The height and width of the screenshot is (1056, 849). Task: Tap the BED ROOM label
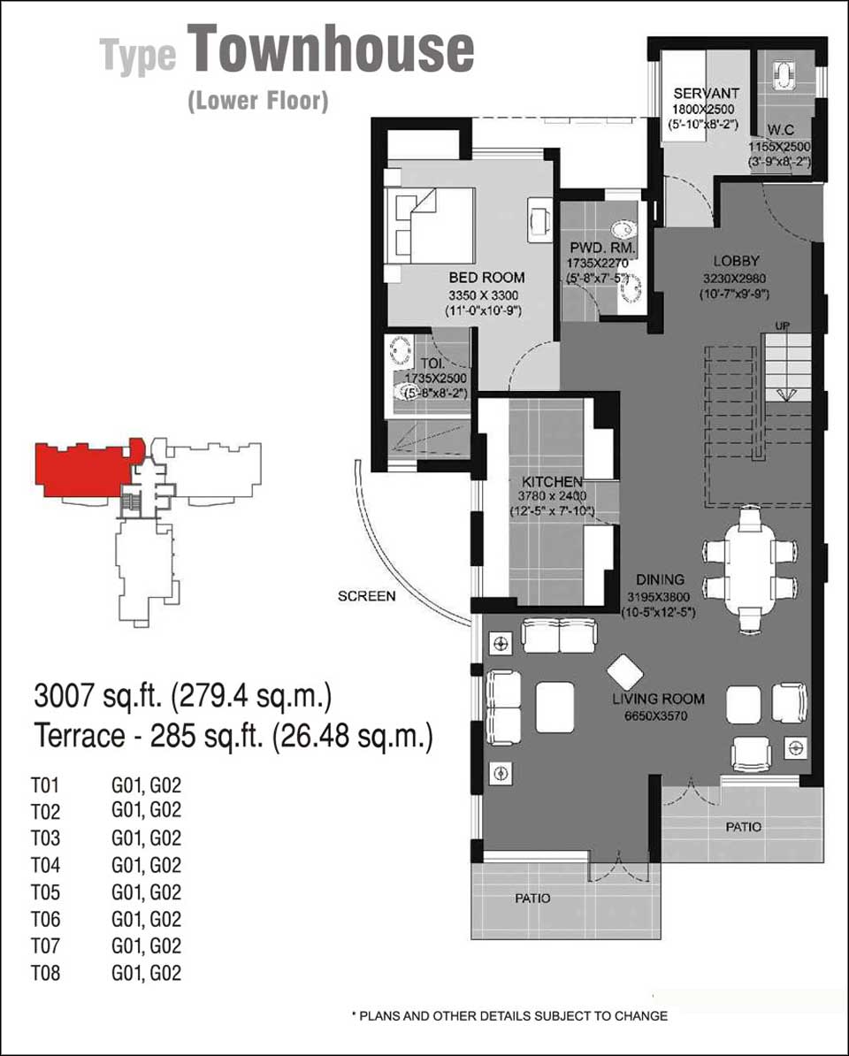(486, 278)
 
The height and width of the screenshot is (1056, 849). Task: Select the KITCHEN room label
(552, 482)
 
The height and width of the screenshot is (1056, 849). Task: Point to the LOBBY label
(737, 261)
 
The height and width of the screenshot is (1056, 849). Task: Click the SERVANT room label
(706, 94)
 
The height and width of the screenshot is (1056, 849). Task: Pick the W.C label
(781, 130)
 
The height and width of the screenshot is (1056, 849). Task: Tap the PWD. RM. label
(602, 248)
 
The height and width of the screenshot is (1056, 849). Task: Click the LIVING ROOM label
(659, 699)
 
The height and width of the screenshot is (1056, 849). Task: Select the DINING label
(661, 579)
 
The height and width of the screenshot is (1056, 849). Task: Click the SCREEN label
(367, 596)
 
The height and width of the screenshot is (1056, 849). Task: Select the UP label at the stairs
(783, 326)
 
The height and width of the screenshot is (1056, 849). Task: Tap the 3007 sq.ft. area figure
(98, 696)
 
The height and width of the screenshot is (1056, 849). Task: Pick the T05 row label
(45, 892)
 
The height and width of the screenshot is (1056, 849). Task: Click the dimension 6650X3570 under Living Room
(656, 715)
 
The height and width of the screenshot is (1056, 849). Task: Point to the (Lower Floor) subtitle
(258, 101)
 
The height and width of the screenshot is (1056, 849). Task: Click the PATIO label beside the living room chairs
(743, 826)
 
